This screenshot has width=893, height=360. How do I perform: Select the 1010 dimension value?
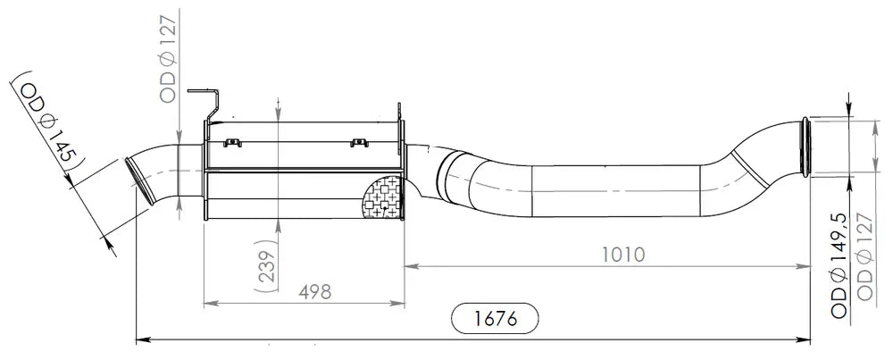click(x=623, y=254)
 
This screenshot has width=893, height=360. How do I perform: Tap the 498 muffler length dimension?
click(x=315, y=291)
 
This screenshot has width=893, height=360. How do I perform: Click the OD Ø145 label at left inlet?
click(x=48, y=123)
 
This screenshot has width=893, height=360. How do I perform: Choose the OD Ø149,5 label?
click(x=840, y=267)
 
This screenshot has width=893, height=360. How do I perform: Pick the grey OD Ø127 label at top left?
click(x=170, y=57)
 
